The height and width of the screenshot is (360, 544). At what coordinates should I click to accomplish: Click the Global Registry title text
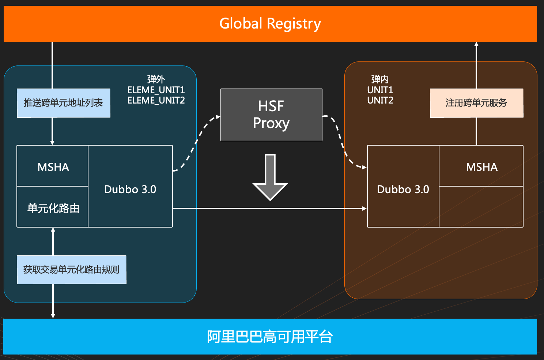point(270,24)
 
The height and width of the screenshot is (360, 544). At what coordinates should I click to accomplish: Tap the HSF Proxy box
point(271,115)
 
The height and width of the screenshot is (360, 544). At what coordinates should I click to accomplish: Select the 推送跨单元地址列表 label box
point(64,103)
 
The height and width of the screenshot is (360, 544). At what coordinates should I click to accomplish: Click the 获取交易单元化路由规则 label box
point(72,270)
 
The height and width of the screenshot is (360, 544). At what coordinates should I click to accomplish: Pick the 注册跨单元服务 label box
point(476,103)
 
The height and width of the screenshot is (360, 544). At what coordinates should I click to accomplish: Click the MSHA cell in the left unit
point(53,167)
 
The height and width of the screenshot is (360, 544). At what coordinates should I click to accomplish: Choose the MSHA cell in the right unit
point(481,167)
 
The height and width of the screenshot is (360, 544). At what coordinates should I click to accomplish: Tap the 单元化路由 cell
point(53,208)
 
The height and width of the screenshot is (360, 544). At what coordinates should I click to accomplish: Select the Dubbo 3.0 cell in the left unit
point(130,189)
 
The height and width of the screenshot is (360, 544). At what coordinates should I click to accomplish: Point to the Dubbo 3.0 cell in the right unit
point(403,189)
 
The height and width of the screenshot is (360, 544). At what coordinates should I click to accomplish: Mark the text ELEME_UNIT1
point(156,90)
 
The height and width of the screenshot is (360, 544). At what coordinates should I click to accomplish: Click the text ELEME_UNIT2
point(156,100)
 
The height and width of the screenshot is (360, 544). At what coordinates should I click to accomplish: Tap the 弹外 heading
point(156,79)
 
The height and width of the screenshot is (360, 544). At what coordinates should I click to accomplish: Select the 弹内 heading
point(380,79)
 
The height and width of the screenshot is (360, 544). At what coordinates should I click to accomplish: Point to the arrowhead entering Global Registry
point(476,44)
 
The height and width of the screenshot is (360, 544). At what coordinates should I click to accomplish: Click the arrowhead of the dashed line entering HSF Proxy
point(218,117)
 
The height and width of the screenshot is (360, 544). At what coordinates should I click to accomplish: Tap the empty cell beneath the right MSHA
point(481,207)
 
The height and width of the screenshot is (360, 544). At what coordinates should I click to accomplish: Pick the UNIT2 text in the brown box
point(380,100)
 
